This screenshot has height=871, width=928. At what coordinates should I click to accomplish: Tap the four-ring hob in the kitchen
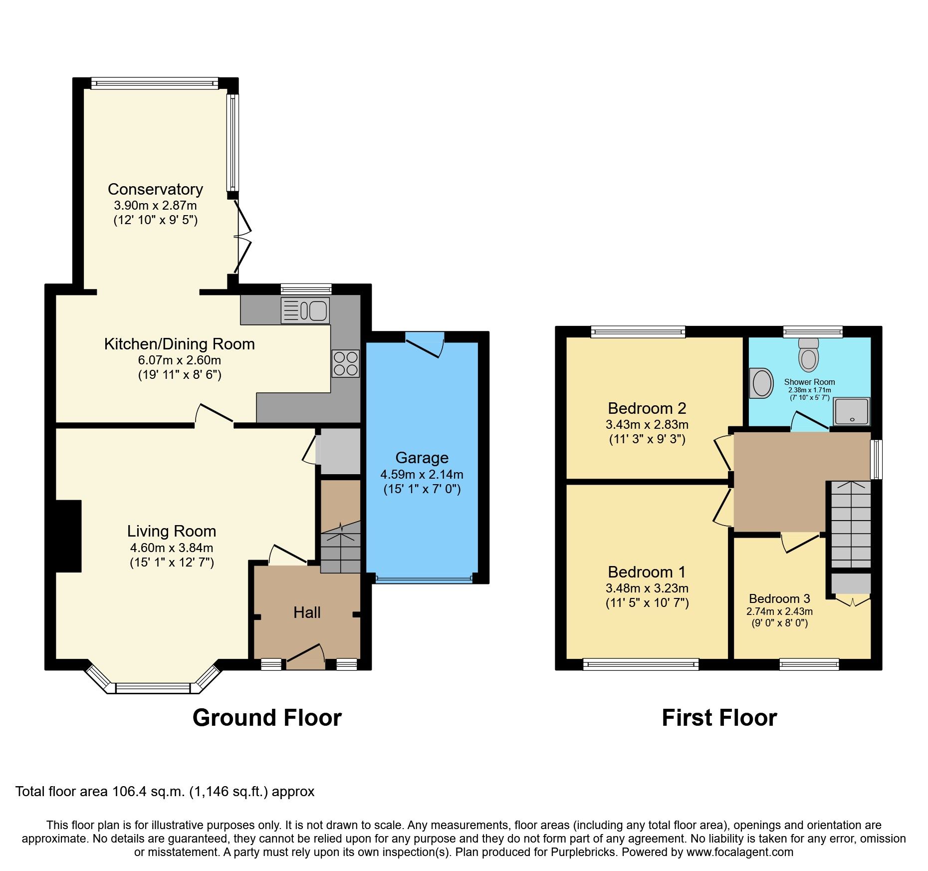pos(345,363)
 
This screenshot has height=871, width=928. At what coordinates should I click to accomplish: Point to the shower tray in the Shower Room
pos(852,411)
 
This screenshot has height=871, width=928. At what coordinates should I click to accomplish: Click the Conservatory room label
pos(155,190)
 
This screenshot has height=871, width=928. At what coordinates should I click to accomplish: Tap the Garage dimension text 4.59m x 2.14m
pos(422,474)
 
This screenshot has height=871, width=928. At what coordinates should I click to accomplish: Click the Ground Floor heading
pos(267,718)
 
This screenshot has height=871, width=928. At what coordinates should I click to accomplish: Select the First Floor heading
pos(719,718)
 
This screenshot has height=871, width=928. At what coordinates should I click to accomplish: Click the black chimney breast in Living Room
pos(68,536)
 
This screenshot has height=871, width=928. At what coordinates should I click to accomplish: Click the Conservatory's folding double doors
pos(243,235)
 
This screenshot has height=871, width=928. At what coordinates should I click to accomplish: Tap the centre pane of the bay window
pos(153,688)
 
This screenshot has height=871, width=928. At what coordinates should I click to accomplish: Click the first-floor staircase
pos(851,524)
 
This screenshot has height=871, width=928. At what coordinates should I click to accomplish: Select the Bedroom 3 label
pos(779,598)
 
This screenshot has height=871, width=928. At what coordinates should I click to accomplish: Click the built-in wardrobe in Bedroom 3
pos(851,583)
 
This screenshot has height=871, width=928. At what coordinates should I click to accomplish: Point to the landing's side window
pos(877,459)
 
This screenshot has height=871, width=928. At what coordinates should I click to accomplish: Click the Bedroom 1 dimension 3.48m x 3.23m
pos(647,588)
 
